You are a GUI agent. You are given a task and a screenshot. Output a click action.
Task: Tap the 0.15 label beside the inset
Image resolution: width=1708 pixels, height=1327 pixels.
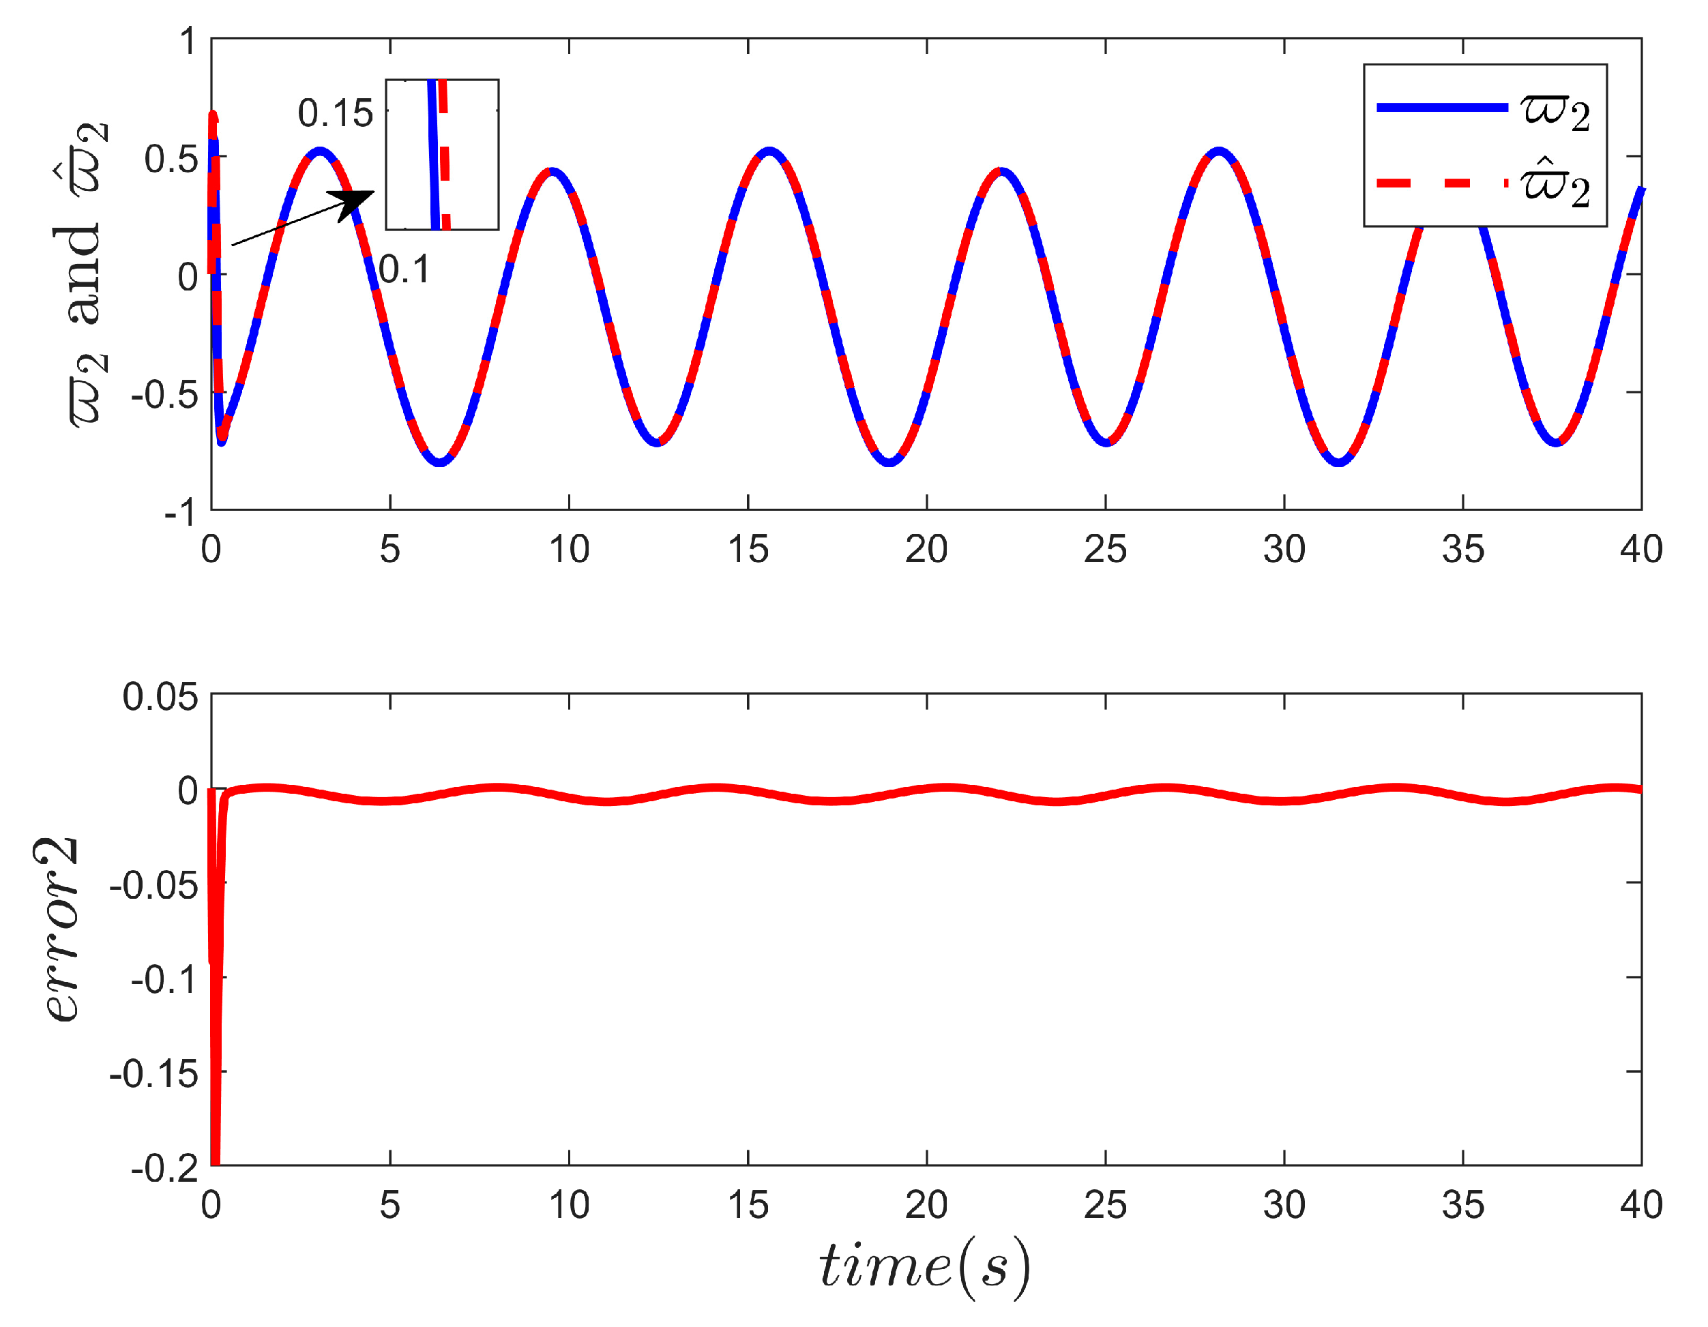(335, 114)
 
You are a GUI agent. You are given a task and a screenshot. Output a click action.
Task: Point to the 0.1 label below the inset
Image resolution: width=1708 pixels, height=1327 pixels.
(404, 270)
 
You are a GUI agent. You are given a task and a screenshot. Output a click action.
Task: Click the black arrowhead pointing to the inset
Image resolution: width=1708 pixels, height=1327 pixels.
(353, 203)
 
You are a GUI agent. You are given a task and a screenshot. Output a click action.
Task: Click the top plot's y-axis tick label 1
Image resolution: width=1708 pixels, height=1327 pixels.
(187, 41)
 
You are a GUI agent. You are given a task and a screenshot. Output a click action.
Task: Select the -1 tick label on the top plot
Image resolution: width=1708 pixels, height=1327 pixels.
(180, 512)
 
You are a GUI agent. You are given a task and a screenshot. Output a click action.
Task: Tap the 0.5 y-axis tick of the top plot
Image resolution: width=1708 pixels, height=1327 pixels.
(171, 160)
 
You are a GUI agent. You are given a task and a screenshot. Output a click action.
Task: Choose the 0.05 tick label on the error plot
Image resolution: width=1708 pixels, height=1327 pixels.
(160, 697)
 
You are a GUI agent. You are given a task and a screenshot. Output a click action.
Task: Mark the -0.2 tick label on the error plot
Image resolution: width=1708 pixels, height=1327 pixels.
(164, 1168)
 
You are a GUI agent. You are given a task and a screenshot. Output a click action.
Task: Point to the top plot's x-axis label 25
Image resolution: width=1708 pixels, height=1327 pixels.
(1104, 550)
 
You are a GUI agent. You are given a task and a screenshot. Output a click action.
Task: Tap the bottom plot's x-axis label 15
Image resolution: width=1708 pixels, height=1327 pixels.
(748, 1205)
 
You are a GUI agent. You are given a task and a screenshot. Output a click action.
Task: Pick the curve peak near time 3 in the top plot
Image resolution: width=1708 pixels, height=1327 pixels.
(320, 151)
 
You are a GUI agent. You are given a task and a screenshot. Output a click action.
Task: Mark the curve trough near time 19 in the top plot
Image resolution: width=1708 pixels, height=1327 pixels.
(889, 462)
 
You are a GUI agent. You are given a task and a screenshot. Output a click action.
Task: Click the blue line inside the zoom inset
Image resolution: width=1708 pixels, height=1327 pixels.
(434, 156)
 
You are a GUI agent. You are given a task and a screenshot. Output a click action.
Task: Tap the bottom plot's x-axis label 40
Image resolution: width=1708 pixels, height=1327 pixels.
(1640, 1205)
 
